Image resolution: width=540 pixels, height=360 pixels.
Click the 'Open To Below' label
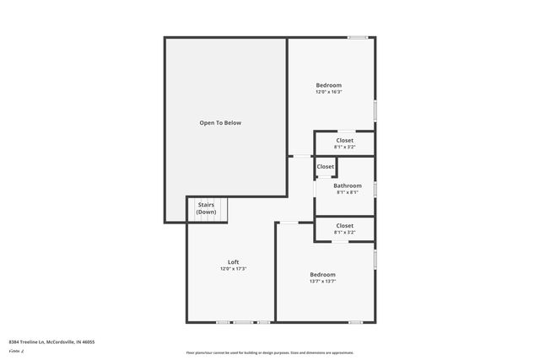(220, 123)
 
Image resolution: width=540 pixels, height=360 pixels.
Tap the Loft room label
(233, 262)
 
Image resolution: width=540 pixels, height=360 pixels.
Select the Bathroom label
(347, 185)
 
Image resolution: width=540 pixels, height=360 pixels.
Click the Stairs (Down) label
(206, 208)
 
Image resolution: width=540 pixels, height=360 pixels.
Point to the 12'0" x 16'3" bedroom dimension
(329, 92)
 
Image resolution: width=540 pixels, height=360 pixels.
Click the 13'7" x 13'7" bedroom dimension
(322, 282)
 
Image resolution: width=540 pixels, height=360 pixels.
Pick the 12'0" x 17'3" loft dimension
(233, 269)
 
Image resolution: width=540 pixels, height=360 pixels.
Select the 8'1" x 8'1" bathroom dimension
(347, 192)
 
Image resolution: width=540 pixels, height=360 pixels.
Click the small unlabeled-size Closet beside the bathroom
(326, 167)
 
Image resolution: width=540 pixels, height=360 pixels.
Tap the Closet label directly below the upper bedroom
(344, 140)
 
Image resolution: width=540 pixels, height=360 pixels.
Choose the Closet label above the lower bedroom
(344, 225)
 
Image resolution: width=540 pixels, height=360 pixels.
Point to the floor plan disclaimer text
(270, 352)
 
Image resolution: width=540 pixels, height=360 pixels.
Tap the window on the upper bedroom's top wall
(358, 37)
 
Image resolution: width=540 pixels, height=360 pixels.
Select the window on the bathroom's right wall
(375, 187)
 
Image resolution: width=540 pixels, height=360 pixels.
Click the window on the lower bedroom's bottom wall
(355, 322)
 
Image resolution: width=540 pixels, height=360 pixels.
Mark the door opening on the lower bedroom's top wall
(289, 223)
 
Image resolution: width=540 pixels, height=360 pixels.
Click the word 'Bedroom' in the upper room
(329, 85)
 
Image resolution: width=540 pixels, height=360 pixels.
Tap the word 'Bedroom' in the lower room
(322, 275)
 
